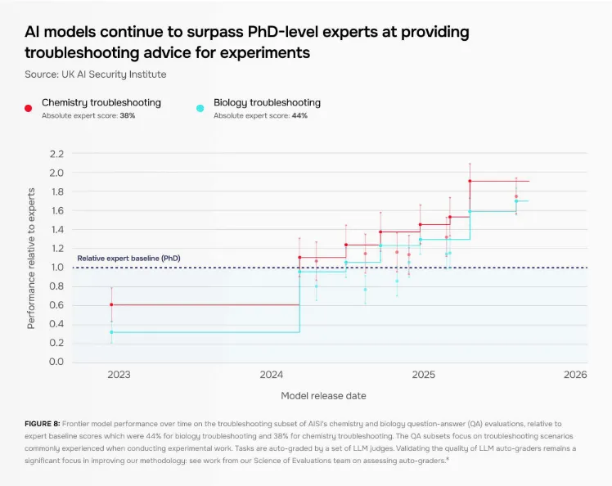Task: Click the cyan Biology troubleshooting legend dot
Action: tap(200, 106)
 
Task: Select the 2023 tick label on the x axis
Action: tap(119, 375)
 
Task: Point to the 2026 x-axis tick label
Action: tap(575, 375)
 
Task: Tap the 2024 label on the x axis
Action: tap(271, 375)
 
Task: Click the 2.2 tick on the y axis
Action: tap(56, 154)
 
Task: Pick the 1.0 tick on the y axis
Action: tap(56, 267)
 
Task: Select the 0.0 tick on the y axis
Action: tap(56, 362)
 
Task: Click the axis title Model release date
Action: tap(323, 395)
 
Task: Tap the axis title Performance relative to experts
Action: tap(31, 258)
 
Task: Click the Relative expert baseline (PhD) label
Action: tap(128, 259)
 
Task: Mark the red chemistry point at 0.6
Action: tap(111, 304)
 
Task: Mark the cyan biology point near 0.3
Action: tap(111, 331)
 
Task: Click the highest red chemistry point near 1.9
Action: tap(470, 181)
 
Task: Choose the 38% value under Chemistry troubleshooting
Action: tap(127, 116)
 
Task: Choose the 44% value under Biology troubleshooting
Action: tap(299, 116)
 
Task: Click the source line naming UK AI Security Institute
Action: tap(96, 74)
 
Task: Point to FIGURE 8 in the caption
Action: tap(43, 424)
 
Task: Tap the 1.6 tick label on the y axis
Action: tap(56, 210)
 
